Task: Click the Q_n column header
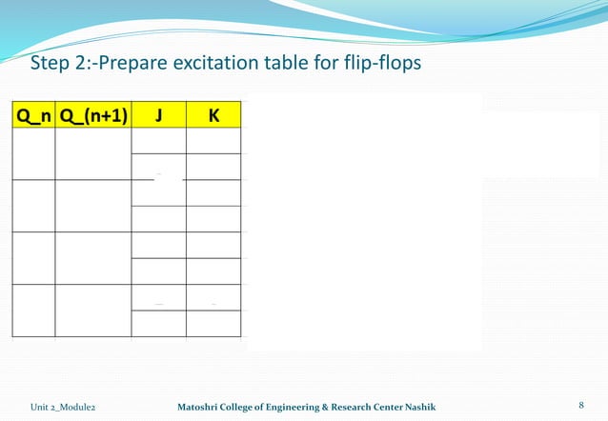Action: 34,116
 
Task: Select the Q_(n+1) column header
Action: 93,116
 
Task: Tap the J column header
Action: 158,116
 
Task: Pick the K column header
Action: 213,116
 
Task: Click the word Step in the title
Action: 51,65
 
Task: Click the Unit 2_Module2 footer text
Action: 63,407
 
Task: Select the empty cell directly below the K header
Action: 213,141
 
